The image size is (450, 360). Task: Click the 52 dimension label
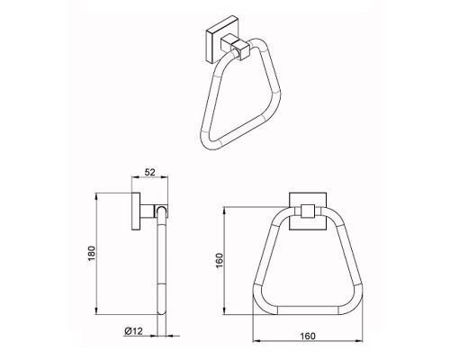149,172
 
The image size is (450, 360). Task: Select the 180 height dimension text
92,254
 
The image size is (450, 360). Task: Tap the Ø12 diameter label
133,331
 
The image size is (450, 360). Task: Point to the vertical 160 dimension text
220,261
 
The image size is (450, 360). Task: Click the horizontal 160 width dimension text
308,336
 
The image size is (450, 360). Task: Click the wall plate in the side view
136,211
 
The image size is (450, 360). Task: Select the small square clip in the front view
308,211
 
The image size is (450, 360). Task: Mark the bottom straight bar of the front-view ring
308,310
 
